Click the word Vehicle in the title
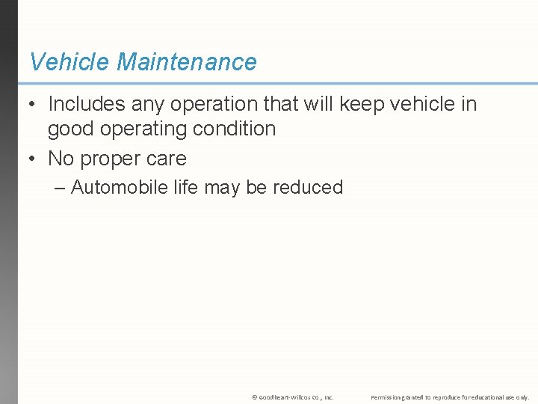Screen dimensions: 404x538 coord(69,62)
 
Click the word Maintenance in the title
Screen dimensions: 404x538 coord(186,62)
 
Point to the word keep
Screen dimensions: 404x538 coord(362,104)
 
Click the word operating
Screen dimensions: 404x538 coord(144,129)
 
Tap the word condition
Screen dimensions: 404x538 coord(235,129)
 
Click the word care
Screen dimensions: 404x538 coord(167,159)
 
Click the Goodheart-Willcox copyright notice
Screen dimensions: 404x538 coord(293,397)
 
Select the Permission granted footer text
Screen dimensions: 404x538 coord(450,397)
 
